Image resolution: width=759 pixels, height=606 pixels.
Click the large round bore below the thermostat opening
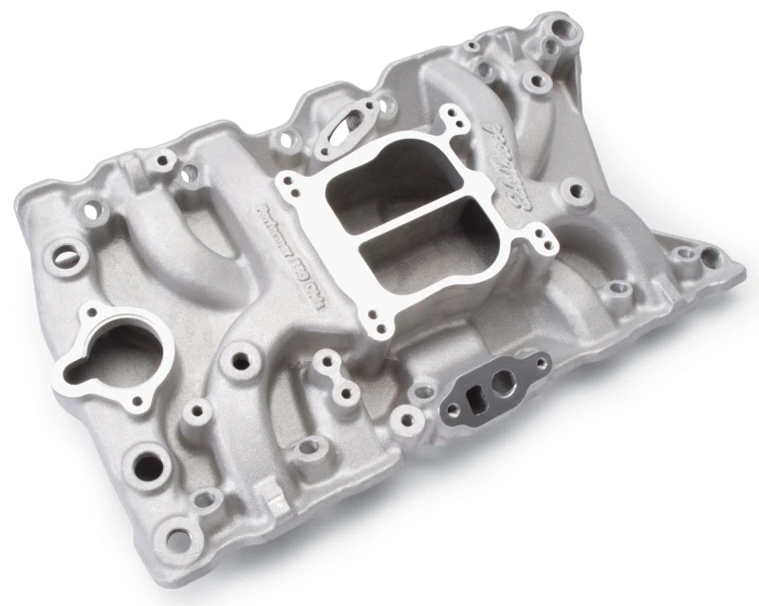tap(152, 465)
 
